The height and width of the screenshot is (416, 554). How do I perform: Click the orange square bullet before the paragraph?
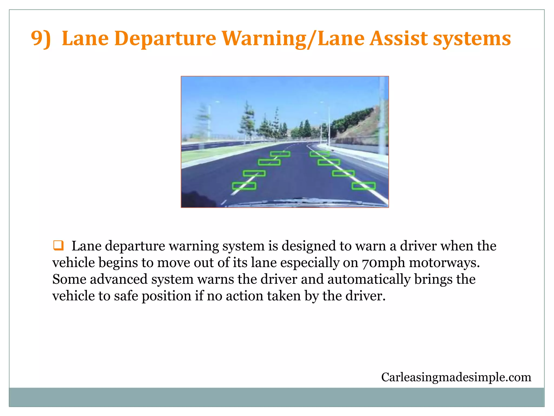[58, 245]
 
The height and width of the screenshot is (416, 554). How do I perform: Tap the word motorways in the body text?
[444, 263]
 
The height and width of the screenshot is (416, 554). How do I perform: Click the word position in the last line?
[166, 296]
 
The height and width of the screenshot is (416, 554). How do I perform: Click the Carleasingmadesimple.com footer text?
[456, 377]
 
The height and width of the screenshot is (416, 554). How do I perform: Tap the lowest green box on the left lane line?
[244, 186]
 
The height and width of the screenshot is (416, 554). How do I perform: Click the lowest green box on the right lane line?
[363, 186]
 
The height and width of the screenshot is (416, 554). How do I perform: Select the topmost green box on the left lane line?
[280, 154]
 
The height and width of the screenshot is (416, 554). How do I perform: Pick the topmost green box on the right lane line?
[319, 154]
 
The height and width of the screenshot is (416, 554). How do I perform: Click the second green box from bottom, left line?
[254, 173]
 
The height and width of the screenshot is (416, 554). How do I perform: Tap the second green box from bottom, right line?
[343, 173]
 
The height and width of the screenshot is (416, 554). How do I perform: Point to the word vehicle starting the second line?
[73, 263]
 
